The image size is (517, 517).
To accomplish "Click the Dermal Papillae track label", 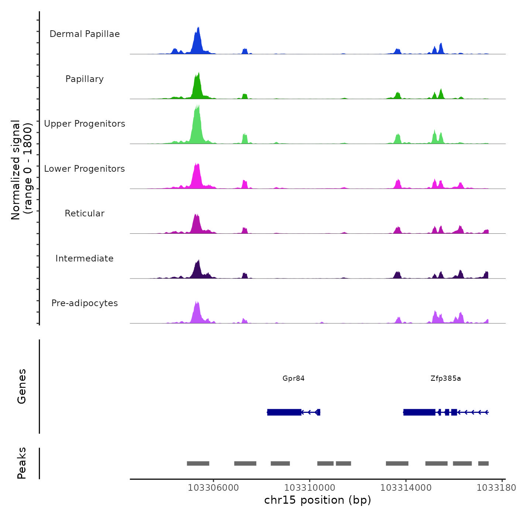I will point(85,34).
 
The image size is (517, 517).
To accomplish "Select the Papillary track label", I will point(85,79).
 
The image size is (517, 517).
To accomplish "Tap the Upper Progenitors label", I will point(85,124).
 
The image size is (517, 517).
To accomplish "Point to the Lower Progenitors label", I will point(85,169).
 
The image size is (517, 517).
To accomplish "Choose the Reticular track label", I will point(85,213).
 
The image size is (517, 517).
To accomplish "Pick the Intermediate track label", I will point(85,258).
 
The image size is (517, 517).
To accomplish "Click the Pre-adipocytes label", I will point(85,303).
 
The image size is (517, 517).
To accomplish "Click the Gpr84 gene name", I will point(294,378).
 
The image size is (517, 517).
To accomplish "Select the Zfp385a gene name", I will point(446,378).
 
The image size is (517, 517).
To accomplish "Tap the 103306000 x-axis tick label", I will point(213,488).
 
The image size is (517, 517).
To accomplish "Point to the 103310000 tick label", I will point(310,488).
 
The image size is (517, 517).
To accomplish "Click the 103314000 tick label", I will point(406,488).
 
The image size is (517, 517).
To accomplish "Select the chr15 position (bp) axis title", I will point(318,500).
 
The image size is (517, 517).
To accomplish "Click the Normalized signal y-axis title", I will point(21,170).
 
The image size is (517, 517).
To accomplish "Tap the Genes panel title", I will point(22,386).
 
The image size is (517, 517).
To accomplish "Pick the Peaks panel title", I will point(22,463).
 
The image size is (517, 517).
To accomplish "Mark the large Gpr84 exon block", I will point(284,412).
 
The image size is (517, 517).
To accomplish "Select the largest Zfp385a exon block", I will point(419,412).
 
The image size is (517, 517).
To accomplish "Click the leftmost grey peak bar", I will point(198,463).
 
